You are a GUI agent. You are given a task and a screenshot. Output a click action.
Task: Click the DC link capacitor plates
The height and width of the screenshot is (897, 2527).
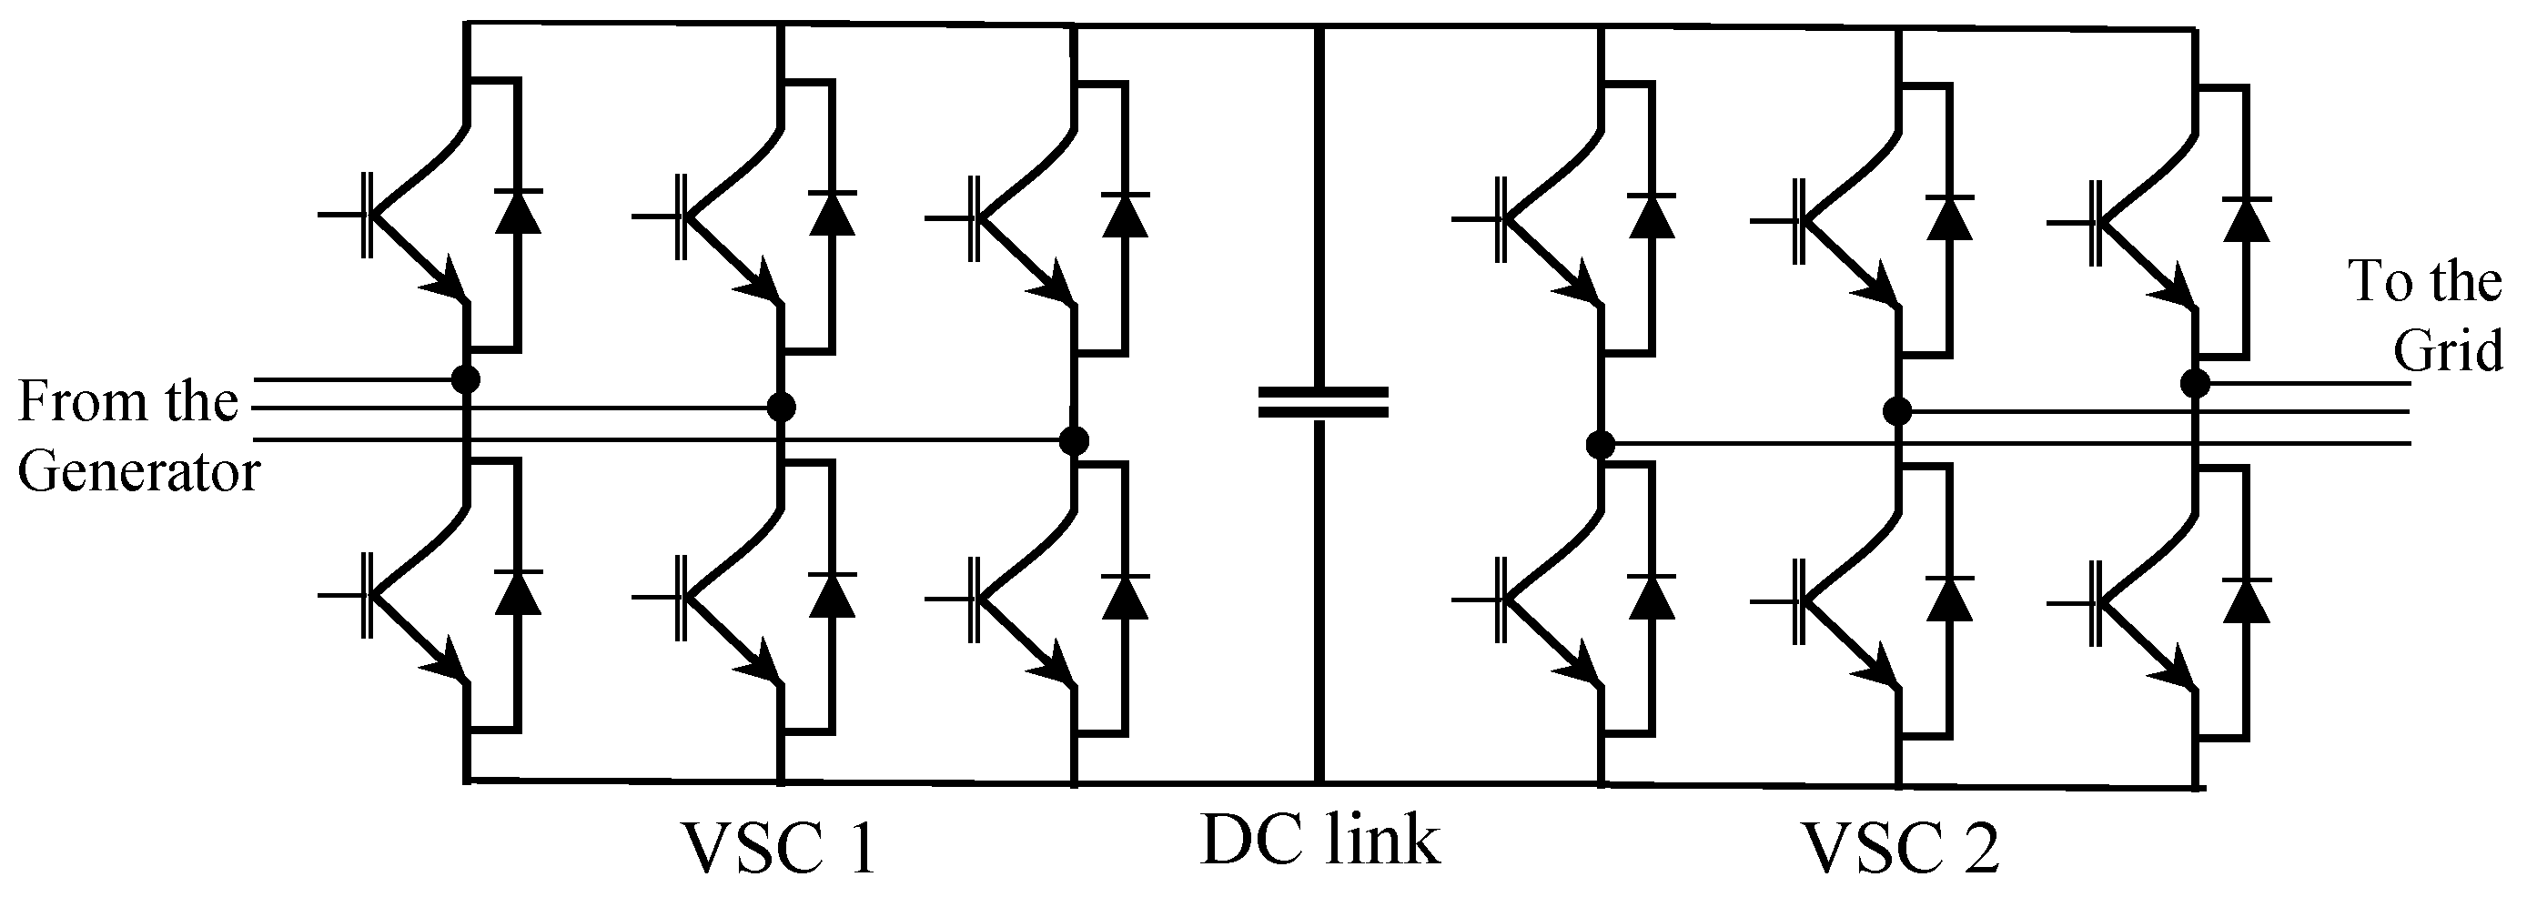(1323, 403)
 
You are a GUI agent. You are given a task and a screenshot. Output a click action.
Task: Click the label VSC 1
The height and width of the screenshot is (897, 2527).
(778, 849)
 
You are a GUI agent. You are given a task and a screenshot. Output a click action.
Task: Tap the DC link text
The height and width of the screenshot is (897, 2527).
(1321, 840)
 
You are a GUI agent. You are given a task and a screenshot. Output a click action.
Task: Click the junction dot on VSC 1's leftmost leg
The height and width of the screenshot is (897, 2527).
(467, 378)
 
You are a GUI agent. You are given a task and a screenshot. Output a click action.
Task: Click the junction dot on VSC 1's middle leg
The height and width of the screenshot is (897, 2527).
(781, 407)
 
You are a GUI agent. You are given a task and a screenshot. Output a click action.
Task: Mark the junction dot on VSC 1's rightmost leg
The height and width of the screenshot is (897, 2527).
(1076, 440)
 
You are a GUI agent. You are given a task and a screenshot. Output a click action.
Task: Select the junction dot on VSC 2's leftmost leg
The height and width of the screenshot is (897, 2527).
(1600, 446)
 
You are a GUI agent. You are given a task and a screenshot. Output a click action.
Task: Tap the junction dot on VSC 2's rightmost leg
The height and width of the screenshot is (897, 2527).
(2196, 383)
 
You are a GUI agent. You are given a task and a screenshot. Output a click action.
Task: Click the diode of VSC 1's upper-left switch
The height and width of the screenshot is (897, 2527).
(518, 211)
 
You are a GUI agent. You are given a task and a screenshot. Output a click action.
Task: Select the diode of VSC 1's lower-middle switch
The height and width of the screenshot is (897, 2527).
(832, 595)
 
